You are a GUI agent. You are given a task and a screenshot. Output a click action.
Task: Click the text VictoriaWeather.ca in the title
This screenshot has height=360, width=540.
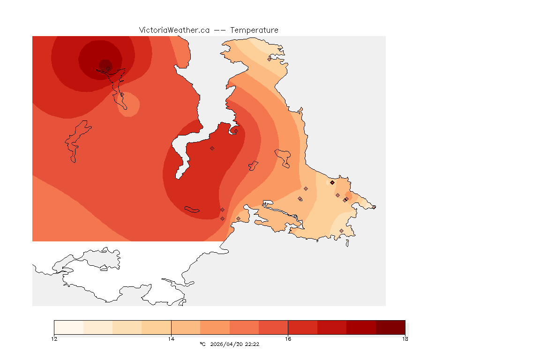174,30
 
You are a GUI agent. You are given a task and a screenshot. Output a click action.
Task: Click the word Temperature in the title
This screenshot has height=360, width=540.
254,30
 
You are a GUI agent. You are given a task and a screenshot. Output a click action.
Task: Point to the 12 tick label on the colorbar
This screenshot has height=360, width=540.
54,338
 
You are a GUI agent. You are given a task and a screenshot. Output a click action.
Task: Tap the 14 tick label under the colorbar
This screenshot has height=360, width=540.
171,338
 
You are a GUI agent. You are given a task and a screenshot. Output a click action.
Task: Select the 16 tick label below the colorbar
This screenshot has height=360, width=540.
288,338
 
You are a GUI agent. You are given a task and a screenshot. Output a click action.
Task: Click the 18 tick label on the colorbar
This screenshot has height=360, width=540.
405,338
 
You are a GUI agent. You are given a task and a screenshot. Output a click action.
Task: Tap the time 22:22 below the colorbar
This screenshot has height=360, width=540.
252,344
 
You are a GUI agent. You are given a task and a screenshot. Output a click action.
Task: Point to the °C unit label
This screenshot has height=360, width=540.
202,344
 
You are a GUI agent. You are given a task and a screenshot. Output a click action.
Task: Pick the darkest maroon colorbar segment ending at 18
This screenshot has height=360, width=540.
390,327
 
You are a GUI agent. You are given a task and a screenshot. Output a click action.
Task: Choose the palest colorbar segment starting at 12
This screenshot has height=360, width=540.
69,327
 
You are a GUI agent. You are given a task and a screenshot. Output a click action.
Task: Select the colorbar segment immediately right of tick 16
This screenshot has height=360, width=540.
303,327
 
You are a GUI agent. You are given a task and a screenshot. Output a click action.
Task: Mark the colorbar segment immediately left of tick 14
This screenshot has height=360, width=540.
157,327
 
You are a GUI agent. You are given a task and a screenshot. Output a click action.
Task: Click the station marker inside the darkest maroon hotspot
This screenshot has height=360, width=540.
108,68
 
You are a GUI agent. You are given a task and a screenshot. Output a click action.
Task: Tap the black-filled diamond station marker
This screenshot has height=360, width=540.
332,182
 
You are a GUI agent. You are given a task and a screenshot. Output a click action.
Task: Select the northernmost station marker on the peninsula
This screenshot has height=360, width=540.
269,59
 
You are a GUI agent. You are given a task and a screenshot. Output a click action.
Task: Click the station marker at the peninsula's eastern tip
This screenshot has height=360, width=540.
374,207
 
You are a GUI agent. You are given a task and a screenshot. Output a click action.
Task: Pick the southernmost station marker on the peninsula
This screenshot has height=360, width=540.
341,231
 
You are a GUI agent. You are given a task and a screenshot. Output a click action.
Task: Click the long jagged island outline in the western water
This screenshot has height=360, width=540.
77,141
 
